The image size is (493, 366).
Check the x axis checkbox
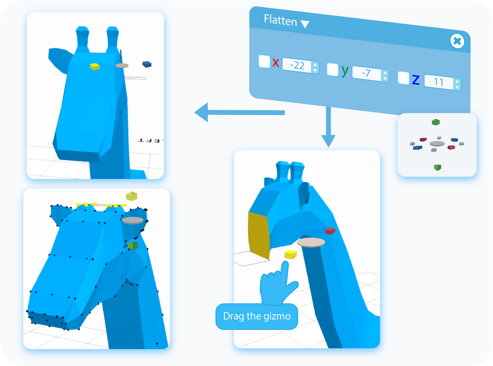click(x=264, y=61)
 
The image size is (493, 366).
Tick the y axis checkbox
click(x=333, y=69)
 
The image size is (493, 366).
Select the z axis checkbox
click(x=404, y=78)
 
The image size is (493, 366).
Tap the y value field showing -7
click(x=367, y=73)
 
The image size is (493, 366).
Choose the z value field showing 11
click(x=439, y=82)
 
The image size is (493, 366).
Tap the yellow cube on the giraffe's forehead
click(x=95, y=66)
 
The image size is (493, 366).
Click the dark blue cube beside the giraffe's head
click(x=147, y=64)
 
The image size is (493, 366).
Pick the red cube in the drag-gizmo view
click(x=330, y=231)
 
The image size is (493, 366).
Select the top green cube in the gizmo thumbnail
click(x=436, y=122)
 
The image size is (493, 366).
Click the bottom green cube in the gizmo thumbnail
click(x=437, y=167)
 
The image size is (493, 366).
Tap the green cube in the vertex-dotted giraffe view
click(x=133, y=246)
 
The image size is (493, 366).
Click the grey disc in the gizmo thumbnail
click(x=437, y=144)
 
